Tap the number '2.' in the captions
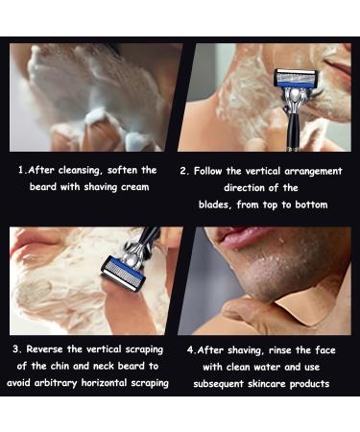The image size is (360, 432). [x=184, y=170]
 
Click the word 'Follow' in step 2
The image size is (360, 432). [x=211, y=170]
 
